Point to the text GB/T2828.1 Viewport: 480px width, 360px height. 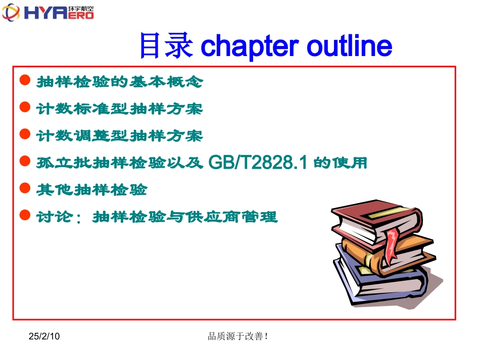tap(258, 163)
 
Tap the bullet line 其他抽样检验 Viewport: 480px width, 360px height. tap(91, 190)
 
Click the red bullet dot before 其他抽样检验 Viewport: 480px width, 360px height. tap(24, 189)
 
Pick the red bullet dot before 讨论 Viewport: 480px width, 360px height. tap(24, 216)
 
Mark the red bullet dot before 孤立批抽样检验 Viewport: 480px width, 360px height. tap(24, 162)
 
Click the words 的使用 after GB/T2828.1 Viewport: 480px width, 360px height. tap(340, 163)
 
